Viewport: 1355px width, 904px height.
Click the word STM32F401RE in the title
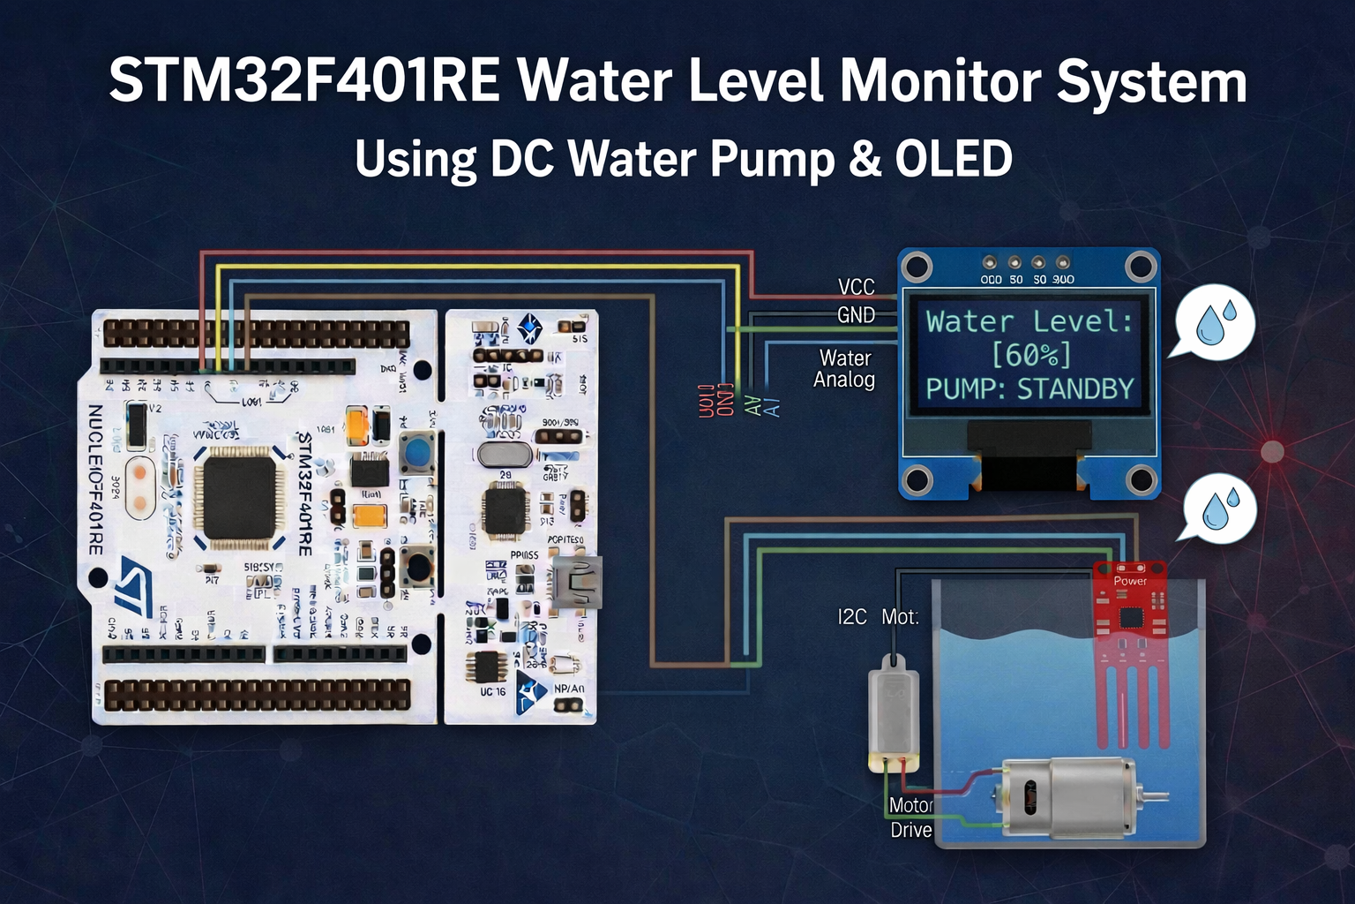click(303, 82)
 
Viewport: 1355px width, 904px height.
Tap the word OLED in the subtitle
click(953, 159)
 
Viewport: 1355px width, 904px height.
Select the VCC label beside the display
click(856, 287)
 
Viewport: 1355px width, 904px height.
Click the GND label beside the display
click(856, 315)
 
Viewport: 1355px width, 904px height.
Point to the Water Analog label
click(844, 369)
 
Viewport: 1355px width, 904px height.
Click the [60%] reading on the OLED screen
click(1030, 355)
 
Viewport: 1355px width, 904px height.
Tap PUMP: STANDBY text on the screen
click(1029, 388)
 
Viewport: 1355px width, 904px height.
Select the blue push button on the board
click(416, 452)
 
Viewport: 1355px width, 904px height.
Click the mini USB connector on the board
click(577, 583)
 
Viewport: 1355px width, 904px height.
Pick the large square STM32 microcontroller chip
click(239, 493)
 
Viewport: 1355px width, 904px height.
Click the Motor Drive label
click(911, 817)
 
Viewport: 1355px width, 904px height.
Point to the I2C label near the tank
click(852, 617)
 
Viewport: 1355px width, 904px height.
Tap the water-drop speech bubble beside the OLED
click(1214, 321)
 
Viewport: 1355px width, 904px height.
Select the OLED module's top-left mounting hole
click(917, 266)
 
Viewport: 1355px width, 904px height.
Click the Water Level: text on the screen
click(1029, 321)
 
